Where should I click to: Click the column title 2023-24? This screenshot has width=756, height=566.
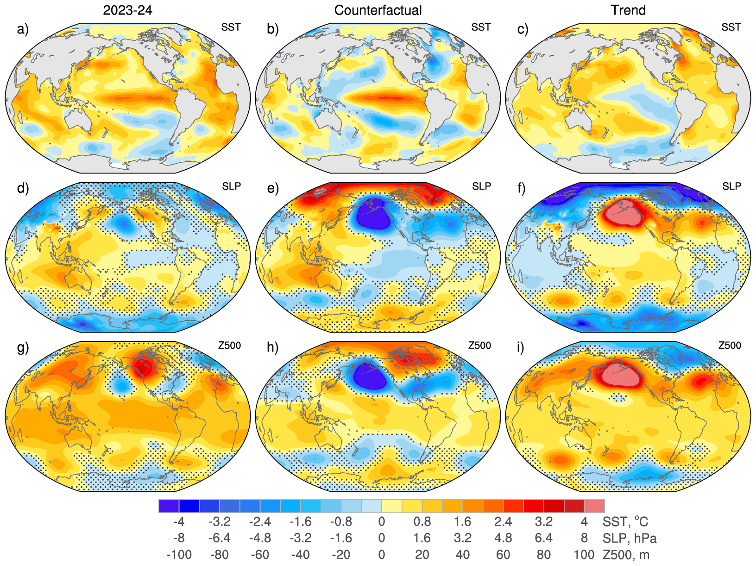click(127, 10)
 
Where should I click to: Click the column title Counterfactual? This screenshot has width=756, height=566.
click(378, 10)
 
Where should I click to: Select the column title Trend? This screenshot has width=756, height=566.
click(628, 10)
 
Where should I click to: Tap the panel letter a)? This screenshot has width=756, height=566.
click(23, 30)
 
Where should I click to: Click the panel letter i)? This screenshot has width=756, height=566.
click(523, 347)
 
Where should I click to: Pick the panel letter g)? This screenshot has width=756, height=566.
click(23, 347)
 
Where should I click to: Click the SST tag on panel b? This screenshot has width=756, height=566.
click(481, 27)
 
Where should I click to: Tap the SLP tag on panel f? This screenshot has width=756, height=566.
click(731, 186)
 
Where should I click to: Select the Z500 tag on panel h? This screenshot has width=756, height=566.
click(479, 345)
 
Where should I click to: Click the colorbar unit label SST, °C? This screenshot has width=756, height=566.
click(625, 522)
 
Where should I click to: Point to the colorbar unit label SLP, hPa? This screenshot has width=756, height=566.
click(630, 538)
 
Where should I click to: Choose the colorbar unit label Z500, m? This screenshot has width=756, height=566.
click(626, 554)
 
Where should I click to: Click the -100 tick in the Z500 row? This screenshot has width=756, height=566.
click(179, 554)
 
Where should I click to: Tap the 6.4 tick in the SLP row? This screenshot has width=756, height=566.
click(543, 538)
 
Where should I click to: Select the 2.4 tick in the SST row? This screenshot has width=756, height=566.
click(503, 522)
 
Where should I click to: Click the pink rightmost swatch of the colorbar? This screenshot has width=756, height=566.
click(594, 506)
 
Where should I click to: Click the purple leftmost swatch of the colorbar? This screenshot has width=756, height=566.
click(169, 506)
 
